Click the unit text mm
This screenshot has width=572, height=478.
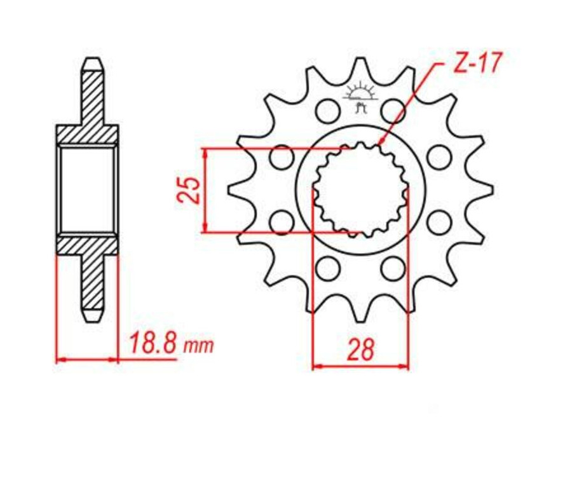click(199, 347)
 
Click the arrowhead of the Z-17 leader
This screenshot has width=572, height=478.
click(380, 144)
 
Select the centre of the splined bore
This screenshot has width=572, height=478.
click(360, 189)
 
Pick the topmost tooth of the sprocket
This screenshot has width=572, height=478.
click(360, 64)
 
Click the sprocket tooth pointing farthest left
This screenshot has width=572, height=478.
click(232, 189)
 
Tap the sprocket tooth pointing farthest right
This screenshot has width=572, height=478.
click(489, 189)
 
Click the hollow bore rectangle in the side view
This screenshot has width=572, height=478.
click(88, 189)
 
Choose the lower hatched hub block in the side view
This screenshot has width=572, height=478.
click(88, 245)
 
